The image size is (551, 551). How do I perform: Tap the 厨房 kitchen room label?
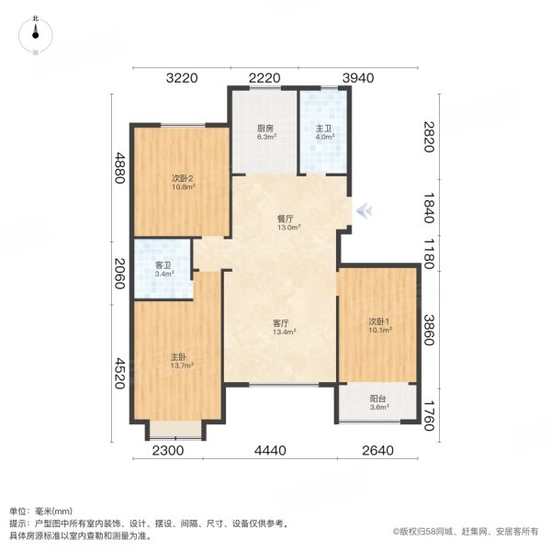[266, 129]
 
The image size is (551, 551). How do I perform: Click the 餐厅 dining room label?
[286, 219]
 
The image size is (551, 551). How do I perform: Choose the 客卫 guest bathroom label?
[163, 265]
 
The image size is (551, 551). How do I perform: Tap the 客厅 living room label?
[281, 323]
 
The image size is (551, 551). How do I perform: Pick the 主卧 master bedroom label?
[178, 356]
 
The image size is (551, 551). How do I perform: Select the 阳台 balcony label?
[377, 399]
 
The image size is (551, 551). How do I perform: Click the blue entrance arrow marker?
[365, 210]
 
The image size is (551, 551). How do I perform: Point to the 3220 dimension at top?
[183, 78]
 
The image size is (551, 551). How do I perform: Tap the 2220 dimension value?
[264, 78]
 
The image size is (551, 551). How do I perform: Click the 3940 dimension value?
[358, 78]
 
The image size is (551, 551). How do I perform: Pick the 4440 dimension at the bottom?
[272, 450]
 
